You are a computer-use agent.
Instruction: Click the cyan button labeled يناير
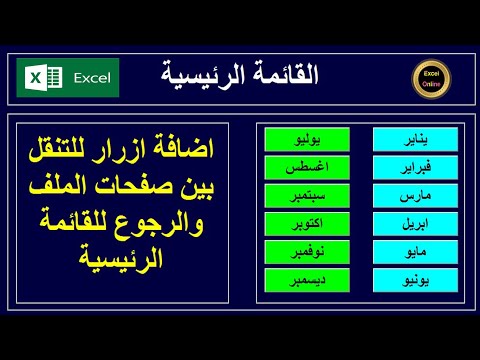pyautogui.click(x=406, y=138)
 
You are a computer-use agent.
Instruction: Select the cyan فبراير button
pyautogui.click(x=406, y=166)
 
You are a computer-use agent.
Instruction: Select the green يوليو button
pyautogui.click(x=300, y=138)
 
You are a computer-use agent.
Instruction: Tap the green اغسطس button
pyautogui.click(x=300, y=166)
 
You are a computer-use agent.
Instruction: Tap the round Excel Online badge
pyautogui.click(x=432, y=78)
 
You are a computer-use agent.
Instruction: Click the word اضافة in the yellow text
pyautogui.click(x=183, y=155)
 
